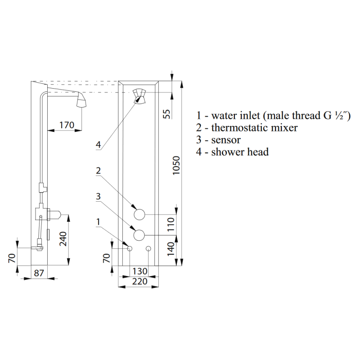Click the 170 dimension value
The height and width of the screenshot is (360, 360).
[x=67, y=125]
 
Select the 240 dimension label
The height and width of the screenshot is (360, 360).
[x=63, y=239]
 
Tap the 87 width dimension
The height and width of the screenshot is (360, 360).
[x=39, y=273]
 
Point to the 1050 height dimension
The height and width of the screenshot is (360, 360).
[x=176, y=165]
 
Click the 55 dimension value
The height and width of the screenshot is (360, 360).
[x=167, y=114]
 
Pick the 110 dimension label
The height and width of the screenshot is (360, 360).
[x=171, y=225]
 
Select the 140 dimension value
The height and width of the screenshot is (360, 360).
[x=171, y=249]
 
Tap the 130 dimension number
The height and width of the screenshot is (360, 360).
[x=139, y=271]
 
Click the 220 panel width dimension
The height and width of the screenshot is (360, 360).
[x=139, y=282]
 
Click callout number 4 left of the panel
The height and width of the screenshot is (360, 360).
[x=98, y=145]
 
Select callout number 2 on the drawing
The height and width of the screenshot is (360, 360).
[x=98, y=171]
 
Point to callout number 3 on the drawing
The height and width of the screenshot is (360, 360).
[x=98, y=197]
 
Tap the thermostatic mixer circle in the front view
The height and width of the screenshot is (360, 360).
[x=139, y=215]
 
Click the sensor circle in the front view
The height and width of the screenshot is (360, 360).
[x=139, y=235]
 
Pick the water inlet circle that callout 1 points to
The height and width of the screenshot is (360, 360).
[x=130, y=248]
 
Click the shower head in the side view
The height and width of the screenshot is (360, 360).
[x=82, y=100]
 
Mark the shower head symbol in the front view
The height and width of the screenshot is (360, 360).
[x=139, y=96]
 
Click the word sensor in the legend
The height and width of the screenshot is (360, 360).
[x=226, y=140]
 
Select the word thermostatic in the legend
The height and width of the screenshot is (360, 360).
[x=239, y=128]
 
